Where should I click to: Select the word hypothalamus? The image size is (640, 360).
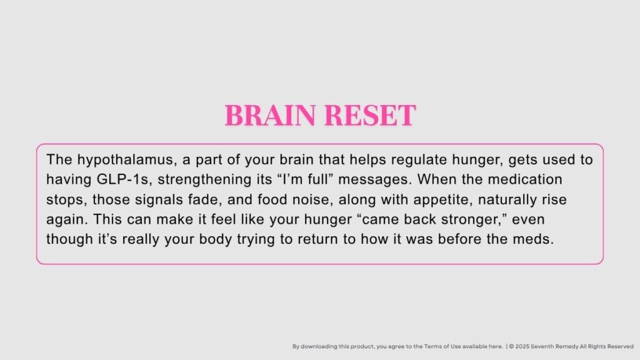tap(109, 160)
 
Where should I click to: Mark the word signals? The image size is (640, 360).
tap(169, 200)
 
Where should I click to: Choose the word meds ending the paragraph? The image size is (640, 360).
tap(537, 240)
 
